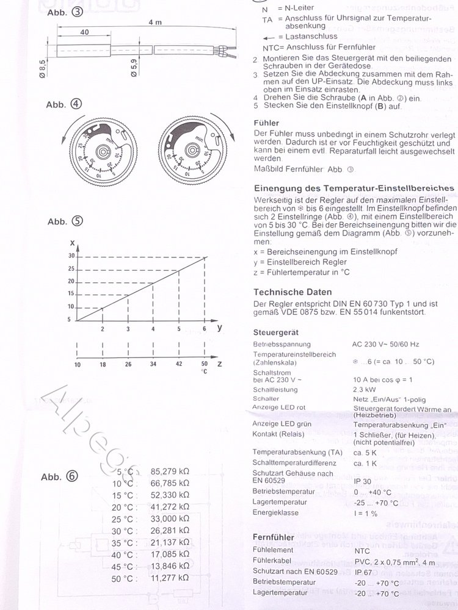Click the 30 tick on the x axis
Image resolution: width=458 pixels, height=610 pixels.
click(x=71, y=256)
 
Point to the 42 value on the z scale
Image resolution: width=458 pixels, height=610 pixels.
click(x=178, y=364)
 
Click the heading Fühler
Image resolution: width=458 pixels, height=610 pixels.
click(x=266, y=122)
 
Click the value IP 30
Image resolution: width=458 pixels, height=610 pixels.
click(x=362, y=481)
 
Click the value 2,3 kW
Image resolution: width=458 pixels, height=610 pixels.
click(x=365, y=389)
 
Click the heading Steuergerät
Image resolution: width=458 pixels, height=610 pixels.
click(x=276, y=332)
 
